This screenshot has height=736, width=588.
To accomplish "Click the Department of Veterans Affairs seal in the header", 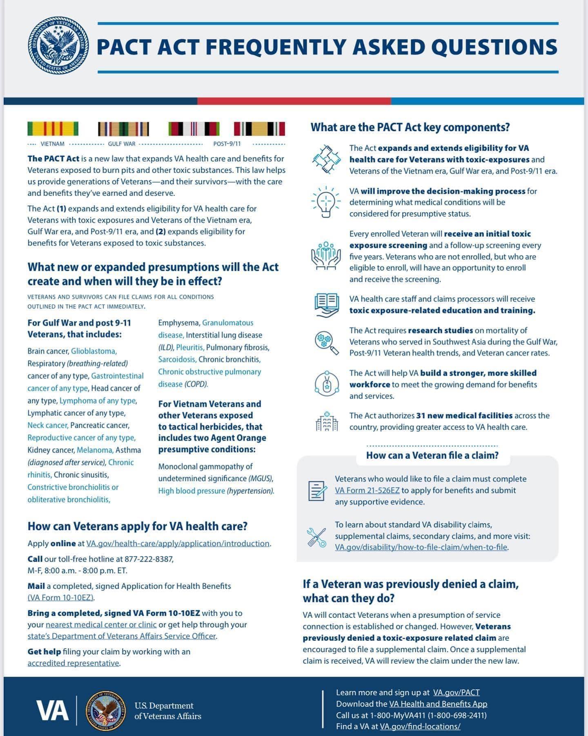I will tap(58, 45).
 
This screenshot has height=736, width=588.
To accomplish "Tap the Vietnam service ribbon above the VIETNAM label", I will tap(53, 129).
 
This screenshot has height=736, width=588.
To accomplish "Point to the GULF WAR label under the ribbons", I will tap(122, 144).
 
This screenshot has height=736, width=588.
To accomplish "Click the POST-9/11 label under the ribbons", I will tap(227, 144).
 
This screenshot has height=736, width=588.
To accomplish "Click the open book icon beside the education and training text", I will tap(326, 305).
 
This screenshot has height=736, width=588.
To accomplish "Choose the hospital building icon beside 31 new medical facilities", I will tap(327, 421).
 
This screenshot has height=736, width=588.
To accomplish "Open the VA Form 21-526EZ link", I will tap(367, 490).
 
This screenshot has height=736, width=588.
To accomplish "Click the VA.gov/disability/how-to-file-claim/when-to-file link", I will tap(421, 547).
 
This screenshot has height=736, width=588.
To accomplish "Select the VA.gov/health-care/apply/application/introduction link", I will tap(178, 543).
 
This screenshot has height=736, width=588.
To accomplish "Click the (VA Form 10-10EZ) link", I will tap(61, 597).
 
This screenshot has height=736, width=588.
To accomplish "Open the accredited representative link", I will tap(73, 663).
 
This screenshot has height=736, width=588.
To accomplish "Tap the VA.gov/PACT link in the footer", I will tap(456, 692).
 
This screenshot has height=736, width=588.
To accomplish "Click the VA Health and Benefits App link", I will tap(438, 704).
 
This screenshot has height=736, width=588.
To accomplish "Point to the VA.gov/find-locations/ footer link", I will tap(420, 726).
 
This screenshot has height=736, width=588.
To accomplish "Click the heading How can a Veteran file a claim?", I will tap(432, 456).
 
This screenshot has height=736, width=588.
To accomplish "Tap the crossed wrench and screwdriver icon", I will tap(316, 537).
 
